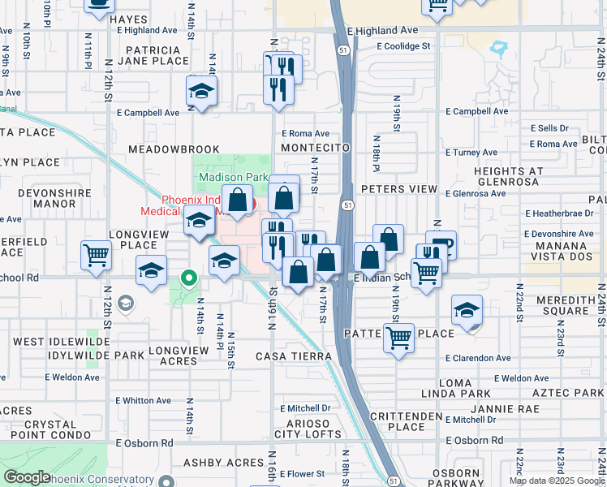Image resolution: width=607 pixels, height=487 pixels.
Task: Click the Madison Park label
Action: tap(233, 176)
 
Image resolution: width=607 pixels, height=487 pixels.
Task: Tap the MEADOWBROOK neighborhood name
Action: tap(174, 149)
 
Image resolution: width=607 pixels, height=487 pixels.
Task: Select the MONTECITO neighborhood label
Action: tap(315, 148)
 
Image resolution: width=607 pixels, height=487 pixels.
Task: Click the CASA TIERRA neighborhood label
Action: tap(294, 356)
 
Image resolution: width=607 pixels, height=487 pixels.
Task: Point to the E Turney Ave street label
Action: tap(471, 152)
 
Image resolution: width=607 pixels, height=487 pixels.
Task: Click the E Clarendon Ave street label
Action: tap(478, 358)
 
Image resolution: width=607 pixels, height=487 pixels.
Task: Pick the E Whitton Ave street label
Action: tap(143, 400)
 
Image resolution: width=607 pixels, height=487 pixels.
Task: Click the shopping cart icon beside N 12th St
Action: tap(96, 256)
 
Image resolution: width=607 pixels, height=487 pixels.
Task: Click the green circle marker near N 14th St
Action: tap(189, 278)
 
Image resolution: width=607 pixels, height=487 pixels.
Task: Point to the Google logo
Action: tap(28, 477)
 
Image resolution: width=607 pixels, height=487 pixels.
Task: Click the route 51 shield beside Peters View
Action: tap(347, 205)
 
